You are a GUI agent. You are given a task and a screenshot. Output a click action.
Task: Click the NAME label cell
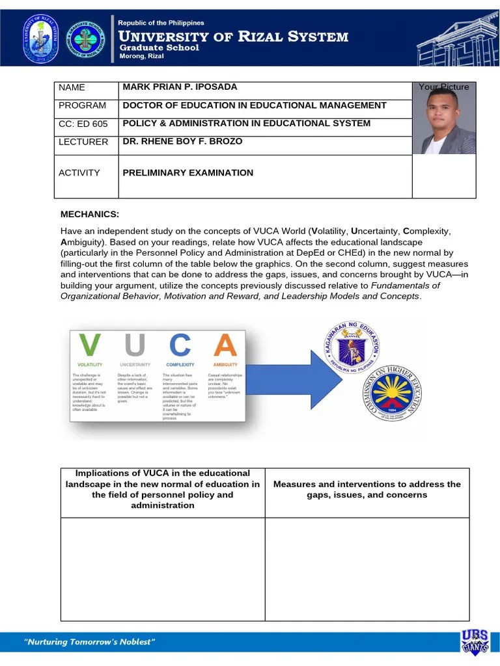72,88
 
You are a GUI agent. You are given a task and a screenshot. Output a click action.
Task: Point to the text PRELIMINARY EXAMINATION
188,173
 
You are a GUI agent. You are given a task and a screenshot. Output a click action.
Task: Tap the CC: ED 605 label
83,124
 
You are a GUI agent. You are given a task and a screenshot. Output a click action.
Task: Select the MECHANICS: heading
90,215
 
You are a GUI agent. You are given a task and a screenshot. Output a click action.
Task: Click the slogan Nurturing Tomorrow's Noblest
89,643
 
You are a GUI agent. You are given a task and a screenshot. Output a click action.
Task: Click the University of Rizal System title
232,36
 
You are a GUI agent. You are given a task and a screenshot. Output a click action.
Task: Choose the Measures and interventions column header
367,490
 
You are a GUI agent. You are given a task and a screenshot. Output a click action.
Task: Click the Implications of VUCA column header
162,489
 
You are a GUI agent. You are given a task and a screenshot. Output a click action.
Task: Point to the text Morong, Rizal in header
141,57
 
